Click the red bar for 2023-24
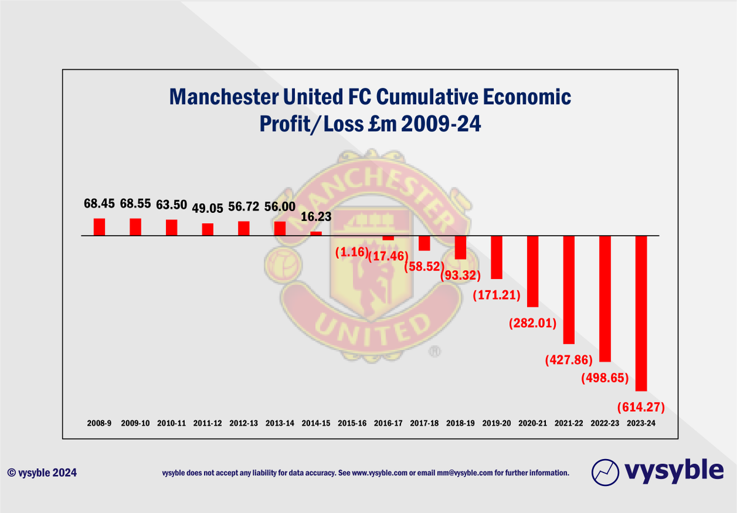641,313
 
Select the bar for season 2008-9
99,227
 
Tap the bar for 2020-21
532,271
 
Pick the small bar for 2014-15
316,233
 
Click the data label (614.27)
641,406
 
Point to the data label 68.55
135,204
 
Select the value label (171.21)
497,296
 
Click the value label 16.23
316,217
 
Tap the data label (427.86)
569,360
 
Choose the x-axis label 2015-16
352,423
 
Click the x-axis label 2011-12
208,423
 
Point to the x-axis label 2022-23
605,423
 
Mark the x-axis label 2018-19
461,423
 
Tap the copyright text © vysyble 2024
42,473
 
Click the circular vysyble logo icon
605,472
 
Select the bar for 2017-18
424,243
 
